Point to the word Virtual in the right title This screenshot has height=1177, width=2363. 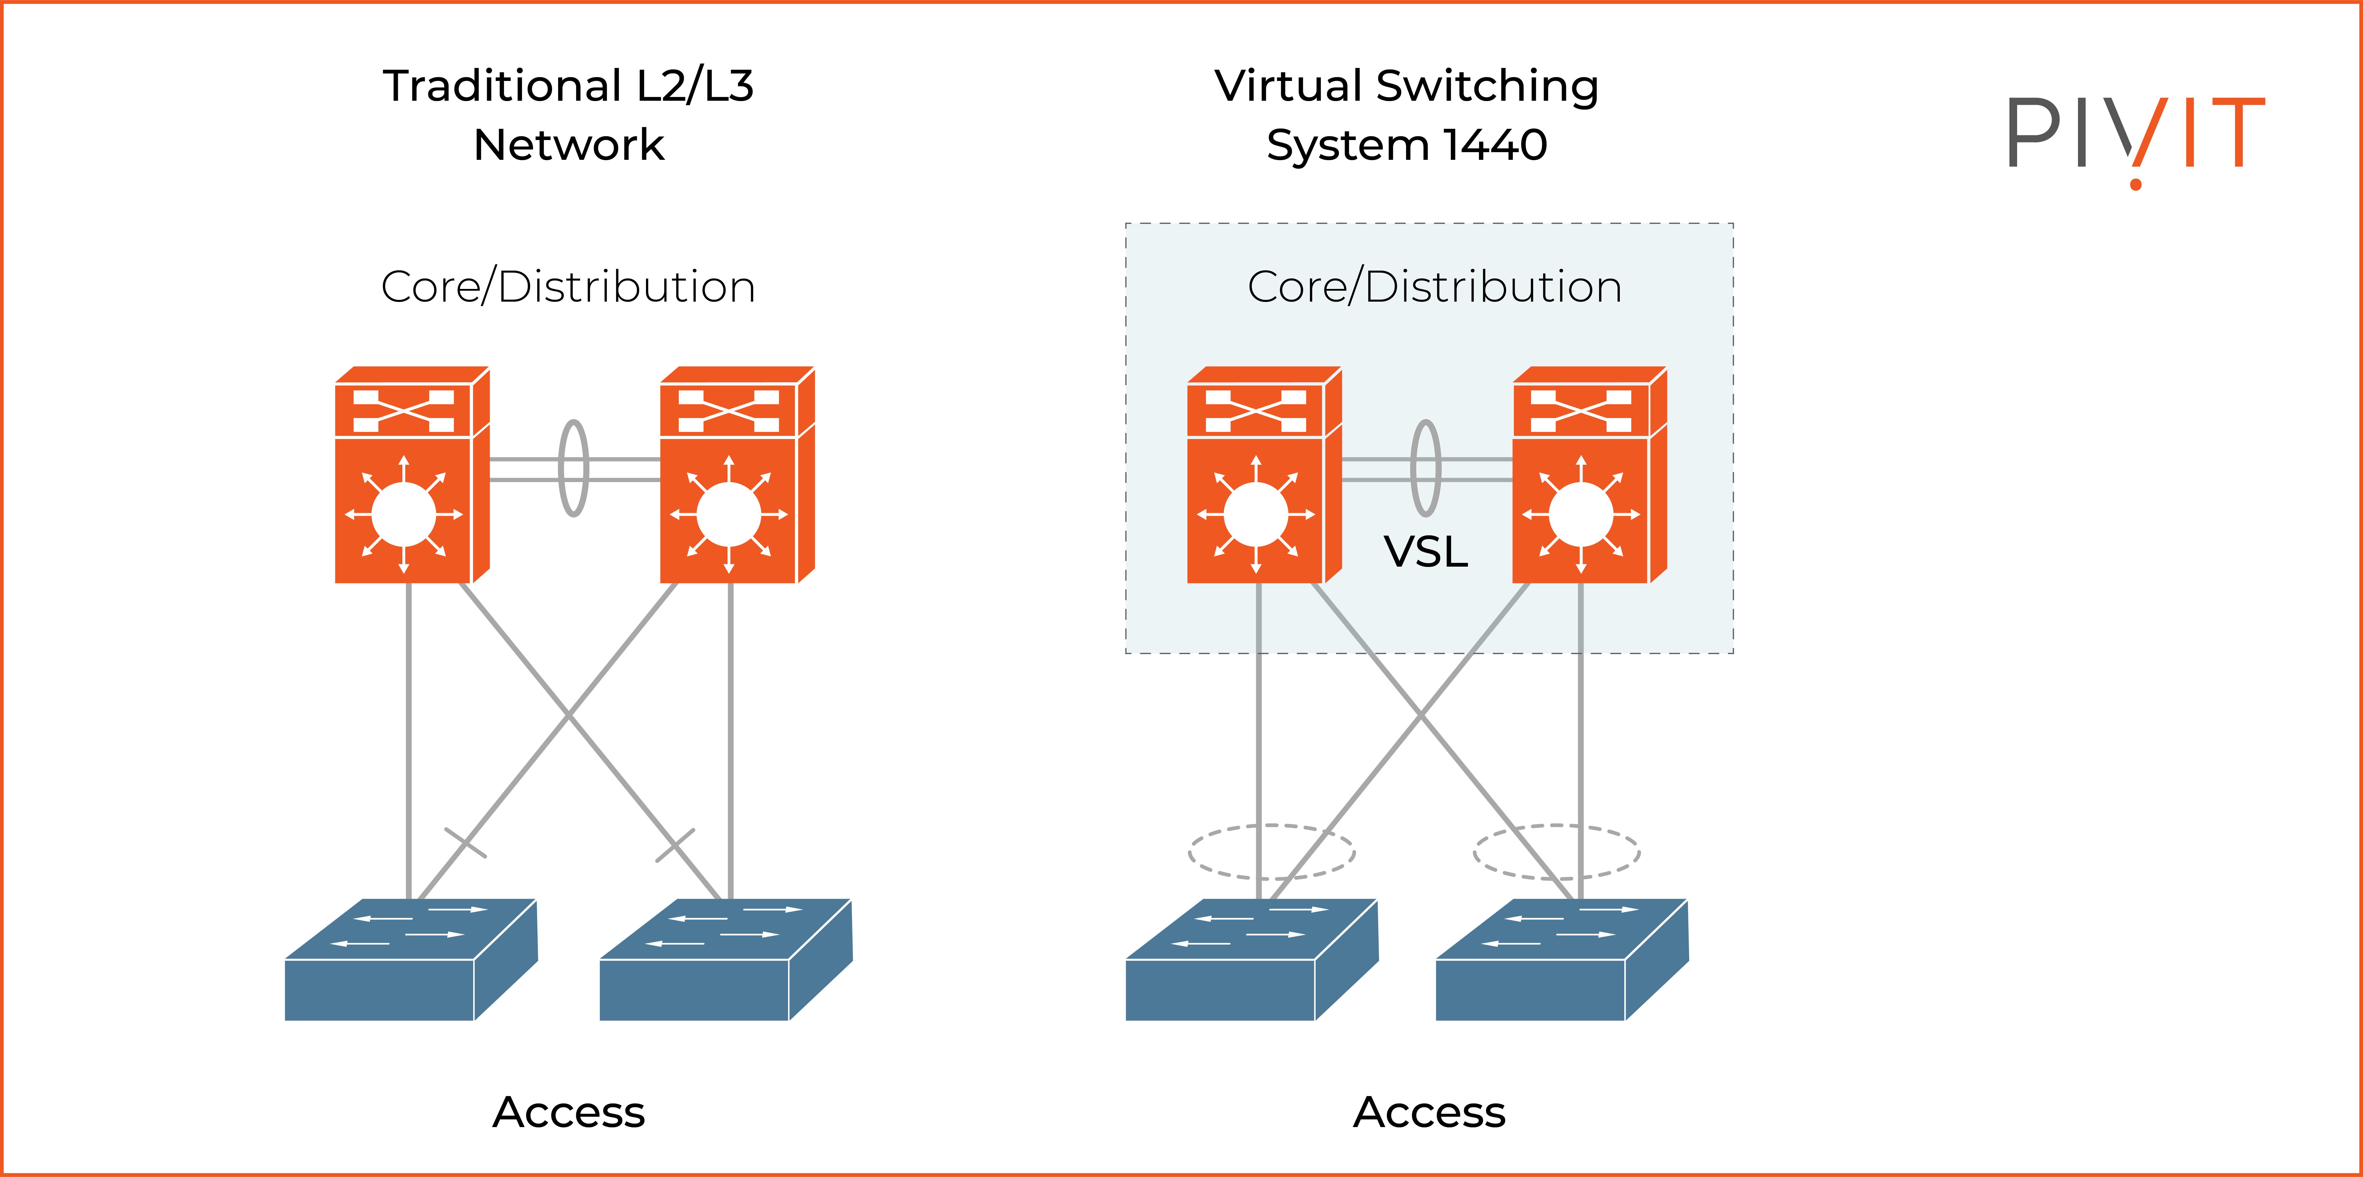pyautogui.click(x=1288, y=86)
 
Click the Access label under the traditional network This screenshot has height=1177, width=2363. pyautogui.click(x=569, y=1112)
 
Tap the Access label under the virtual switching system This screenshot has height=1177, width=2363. pyautogui.click(x=1429, y=1112)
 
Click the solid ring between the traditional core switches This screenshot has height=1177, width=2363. pyautogui.click(x=573, y=468)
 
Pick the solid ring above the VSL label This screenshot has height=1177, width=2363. pyautogui.click(x=1425, y=468)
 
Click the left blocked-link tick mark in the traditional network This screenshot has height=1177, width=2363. pyautogui.click(x=465, y=842)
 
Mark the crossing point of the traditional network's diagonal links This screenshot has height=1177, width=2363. pyautogui.click(x=569, y=716)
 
